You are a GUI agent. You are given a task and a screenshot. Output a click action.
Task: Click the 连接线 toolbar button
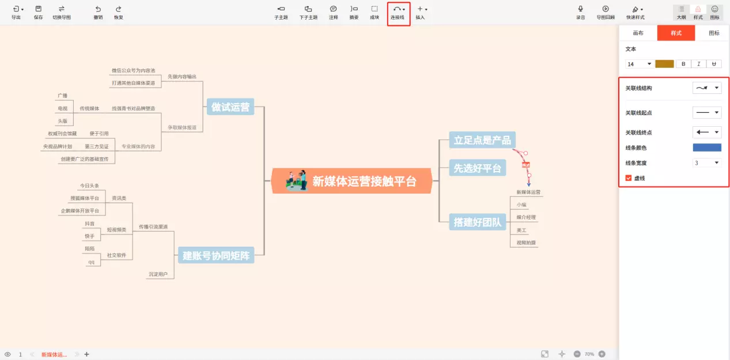[x=398, y=12]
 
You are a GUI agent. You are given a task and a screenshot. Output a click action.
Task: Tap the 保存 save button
[x=38, y=12]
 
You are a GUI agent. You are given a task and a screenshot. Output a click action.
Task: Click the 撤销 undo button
[x=98, y=12]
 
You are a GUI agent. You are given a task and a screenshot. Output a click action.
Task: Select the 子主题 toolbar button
[x=281, y=12]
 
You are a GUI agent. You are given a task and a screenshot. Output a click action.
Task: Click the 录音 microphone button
[x=580, y=12]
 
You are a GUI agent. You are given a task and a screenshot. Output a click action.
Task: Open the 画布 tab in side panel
[x=638, y=33]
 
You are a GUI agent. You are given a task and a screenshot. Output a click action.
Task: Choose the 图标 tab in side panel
[x=714, y=33]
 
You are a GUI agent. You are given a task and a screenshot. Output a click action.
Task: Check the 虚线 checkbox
[x=629, y=179]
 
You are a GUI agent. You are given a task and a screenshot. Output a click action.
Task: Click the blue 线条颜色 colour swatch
[x=706, y=148]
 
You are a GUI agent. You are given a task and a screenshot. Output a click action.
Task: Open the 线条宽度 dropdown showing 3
[x=706, y=163]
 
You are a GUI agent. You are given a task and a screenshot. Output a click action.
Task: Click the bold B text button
[x=683, y=64]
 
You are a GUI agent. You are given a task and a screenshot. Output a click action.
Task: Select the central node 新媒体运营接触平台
[x=351, y=181]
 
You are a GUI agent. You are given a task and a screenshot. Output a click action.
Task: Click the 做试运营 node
[x=230, y=107]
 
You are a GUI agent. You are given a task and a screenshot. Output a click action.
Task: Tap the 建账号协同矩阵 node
[x=216, y=256]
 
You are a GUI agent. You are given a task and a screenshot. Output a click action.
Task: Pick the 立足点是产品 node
[x=482, y=140]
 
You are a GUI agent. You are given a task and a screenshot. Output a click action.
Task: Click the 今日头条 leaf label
[x=89, y=185]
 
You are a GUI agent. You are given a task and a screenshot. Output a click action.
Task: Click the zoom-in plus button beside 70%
[x=602, y=354]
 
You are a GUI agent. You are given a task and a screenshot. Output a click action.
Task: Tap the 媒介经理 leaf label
[x=526, y=217]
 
